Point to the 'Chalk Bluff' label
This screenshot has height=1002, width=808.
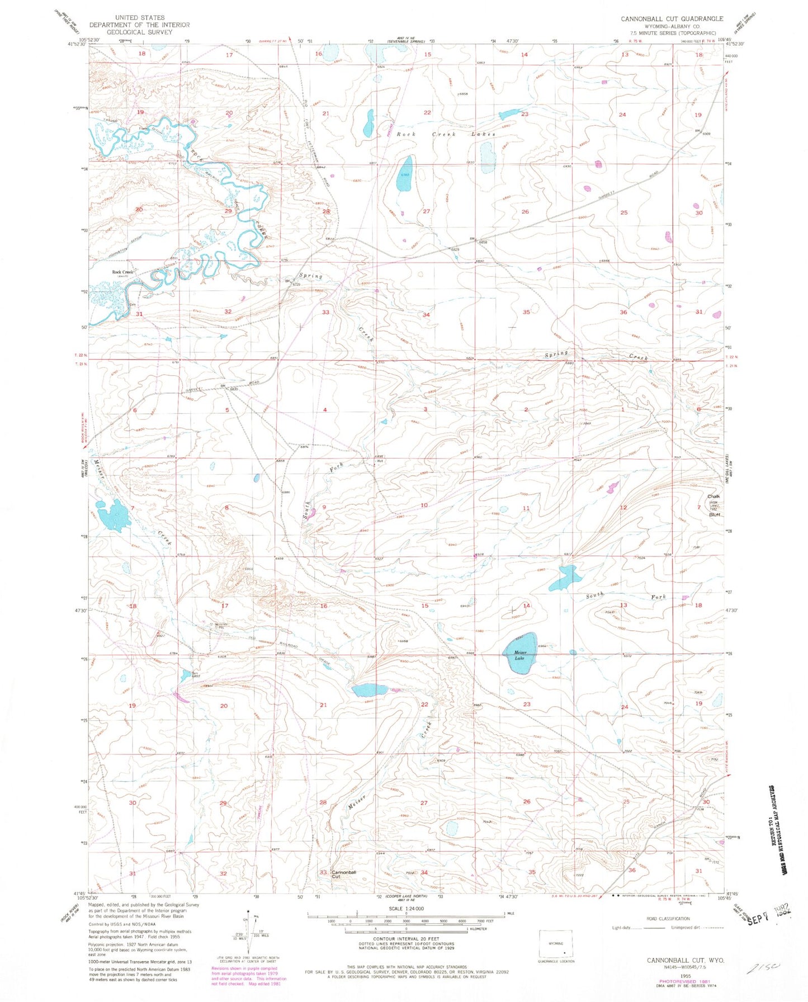(714, 505)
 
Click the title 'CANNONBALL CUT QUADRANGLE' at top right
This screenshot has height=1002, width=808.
(672, 18)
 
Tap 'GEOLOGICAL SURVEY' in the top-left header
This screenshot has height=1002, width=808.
(139, 32)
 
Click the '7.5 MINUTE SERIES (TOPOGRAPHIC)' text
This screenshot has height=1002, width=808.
(671, 33)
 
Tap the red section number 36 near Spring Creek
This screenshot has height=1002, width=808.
(623, 312)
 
